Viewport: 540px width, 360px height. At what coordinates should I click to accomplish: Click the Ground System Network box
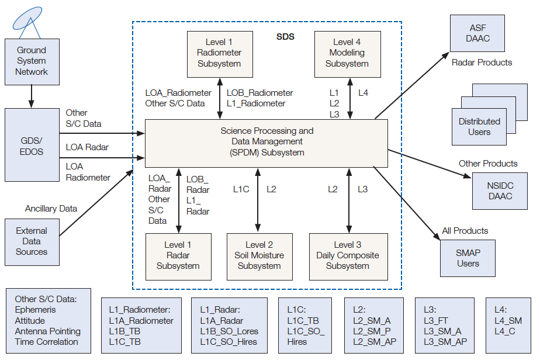[32, 62]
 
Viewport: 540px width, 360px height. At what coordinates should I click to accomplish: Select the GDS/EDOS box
[32, 145]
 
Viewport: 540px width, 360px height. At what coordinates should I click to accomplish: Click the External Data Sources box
[32, 242]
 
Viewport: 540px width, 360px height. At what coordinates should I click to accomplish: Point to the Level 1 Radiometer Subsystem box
[220, 54]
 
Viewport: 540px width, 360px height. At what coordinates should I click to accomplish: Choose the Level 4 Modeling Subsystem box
[348, 54]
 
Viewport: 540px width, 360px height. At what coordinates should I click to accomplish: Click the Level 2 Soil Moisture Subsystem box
[259, 257]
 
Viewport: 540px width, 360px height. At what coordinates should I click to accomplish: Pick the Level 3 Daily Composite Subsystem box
[348, 257]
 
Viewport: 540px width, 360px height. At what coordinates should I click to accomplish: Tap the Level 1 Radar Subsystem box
[178, 257]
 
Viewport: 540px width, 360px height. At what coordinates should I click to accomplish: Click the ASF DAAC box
[477, 33]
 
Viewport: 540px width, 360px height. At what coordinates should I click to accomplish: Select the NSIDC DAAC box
[500, 191]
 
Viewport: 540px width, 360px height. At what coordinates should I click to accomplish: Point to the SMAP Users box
[468, 258]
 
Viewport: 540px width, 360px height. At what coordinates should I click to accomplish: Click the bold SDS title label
[285, 37]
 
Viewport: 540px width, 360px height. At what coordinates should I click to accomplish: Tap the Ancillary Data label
[51, 209]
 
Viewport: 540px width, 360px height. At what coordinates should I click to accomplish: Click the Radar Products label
[482, 63]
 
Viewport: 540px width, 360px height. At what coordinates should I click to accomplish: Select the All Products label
[465, 231]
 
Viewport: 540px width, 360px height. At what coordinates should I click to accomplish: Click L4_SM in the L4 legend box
[508, 321]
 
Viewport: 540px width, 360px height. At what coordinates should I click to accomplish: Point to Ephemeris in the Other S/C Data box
[35, 310]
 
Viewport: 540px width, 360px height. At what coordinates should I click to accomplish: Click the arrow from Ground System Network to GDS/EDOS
[32, 96]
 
